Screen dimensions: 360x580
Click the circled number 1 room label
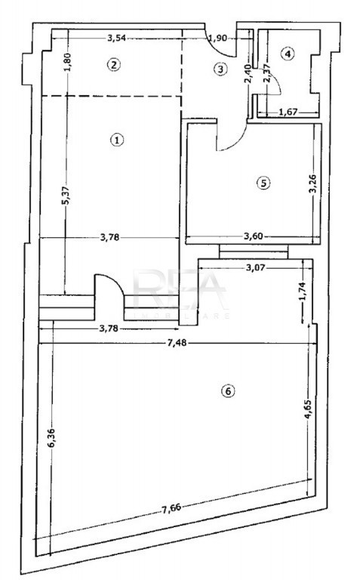[x=117, y=140]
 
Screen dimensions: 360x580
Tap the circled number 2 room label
[x=113, y=65]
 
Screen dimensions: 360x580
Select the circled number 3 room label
[x=220, y=69]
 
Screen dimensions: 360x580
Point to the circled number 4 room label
[x=288, y=54]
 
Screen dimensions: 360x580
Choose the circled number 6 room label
[x=228, y=391]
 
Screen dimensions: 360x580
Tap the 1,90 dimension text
[x=217, y=38]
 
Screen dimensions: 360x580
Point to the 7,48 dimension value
[x=177, y=344]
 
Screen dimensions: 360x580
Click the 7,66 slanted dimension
[x=171, y=508]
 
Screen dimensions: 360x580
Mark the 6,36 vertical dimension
[x=51, y=438]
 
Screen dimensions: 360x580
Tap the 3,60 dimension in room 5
[x=253, y=236]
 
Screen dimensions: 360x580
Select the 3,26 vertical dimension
[x=313, y=183]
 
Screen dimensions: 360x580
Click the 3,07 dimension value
[x=255, y=267]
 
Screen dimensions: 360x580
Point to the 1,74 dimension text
[x=303, y=292]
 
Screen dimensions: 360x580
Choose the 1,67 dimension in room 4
[x=288, y=112]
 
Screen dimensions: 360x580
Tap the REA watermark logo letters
[x=180, y=290]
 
